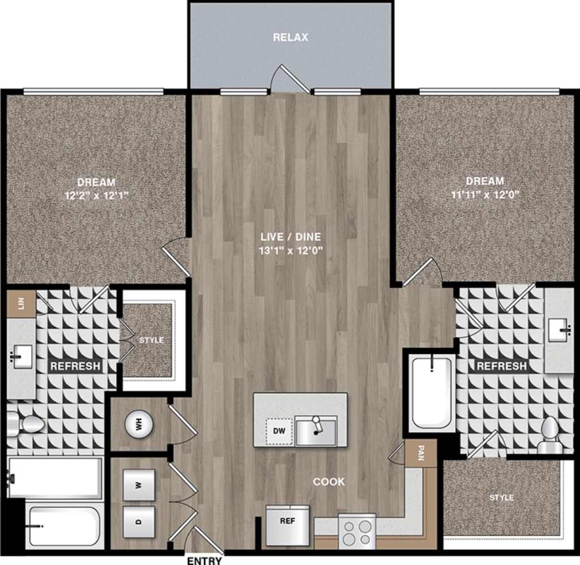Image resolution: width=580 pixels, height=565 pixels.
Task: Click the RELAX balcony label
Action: pos(290,38)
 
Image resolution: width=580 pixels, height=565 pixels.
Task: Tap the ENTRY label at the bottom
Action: pos(204,560)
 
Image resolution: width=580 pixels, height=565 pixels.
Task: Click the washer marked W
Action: pos(139,485)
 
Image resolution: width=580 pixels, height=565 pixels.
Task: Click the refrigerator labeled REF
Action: pos(287,521)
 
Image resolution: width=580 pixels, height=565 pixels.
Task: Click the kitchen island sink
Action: pos(315,431)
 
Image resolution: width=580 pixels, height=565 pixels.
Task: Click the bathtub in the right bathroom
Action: pos(432,392)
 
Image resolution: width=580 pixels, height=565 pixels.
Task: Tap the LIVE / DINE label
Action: pos(290,237)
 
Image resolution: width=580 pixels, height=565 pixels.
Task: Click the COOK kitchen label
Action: pos(329,482)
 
